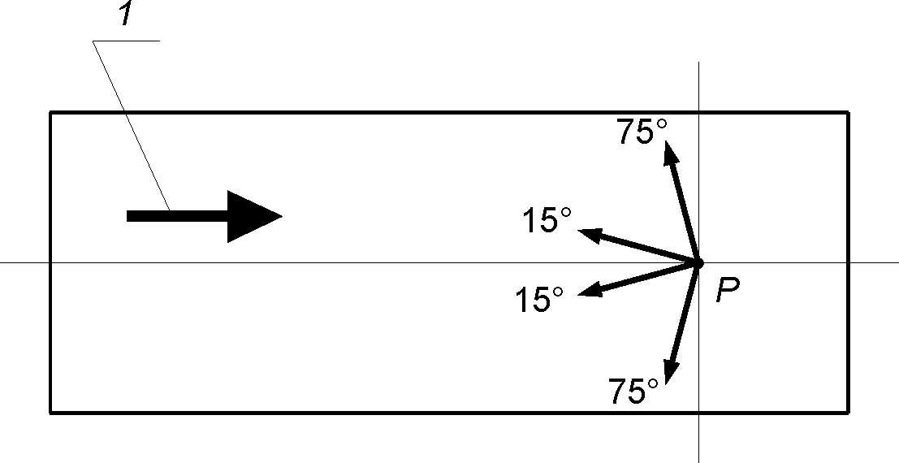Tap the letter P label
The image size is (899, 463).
coord(728,292)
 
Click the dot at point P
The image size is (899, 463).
coord(698,263)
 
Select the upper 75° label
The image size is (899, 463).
coord(642,132)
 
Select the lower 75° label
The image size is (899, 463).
coord(633,392)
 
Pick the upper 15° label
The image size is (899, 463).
coord(546,220)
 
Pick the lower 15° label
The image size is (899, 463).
coord(539,301)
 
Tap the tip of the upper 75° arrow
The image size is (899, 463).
coord(667,141)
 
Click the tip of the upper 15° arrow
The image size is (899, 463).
coord(578,231)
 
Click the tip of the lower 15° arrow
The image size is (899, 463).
coord(578,295)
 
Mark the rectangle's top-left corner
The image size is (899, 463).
coord(50,112)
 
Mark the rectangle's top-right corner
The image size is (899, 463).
coord(849,112)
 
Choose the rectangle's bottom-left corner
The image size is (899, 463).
coord(50,413)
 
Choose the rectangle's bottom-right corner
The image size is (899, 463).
coord(849,413)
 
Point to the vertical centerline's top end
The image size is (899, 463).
coord(698,63)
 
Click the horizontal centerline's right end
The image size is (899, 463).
coord(897,262)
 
